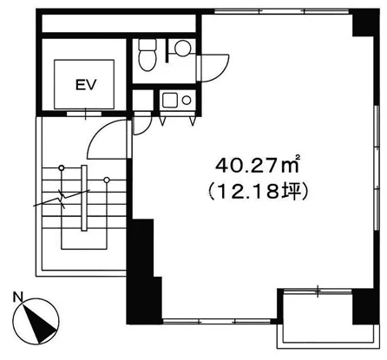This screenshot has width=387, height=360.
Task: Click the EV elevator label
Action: tap(86, 84)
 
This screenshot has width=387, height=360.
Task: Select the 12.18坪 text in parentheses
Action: tap(257, 192)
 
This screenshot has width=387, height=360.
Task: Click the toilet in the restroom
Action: tap(148, 55)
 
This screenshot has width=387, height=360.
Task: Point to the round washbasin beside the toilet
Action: tap(183, 49)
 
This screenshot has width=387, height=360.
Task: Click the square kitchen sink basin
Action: tap(168, 100)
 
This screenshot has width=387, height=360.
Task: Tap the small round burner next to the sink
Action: tap(187, 101)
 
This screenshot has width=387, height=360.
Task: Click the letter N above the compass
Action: tap(17, 298)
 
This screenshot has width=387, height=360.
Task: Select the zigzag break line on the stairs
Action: tap(62, 199)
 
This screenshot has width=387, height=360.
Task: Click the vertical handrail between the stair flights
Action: tap(84, 198)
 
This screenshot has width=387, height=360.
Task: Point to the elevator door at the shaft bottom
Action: tap(84, 114)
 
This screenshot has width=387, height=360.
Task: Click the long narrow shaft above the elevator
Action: tap(119, 23)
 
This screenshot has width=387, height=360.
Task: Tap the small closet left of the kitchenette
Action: tap(142, 100)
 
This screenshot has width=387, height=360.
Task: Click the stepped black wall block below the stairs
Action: tap(143, 272)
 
